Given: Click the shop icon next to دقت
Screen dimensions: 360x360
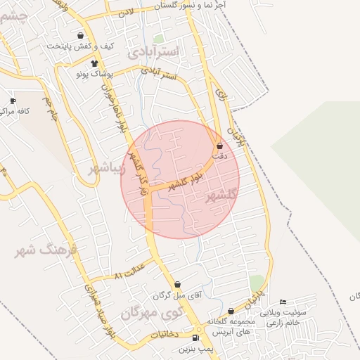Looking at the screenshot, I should point(220,146).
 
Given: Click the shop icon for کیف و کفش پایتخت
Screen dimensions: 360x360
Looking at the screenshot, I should point(81,35).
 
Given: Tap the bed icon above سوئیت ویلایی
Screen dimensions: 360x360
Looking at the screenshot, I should point(283,302).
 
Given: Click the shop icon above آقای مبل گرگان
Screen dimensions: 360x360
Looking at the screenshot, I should point(177,285).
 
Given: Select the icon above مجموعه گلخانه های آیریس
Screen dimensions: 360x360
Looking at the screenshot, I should point(231,311).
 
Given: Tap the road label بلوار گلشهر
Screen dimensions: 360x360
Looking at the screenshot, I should point(187,180).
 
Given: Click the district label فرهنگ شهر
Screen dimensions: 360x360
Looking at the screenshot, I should point(49,250).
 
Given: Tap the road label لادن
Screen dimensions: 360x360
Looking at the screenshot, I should point(126,12).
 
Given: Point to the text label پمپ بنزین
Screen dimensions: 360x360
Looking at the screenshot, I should point(195,349).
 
